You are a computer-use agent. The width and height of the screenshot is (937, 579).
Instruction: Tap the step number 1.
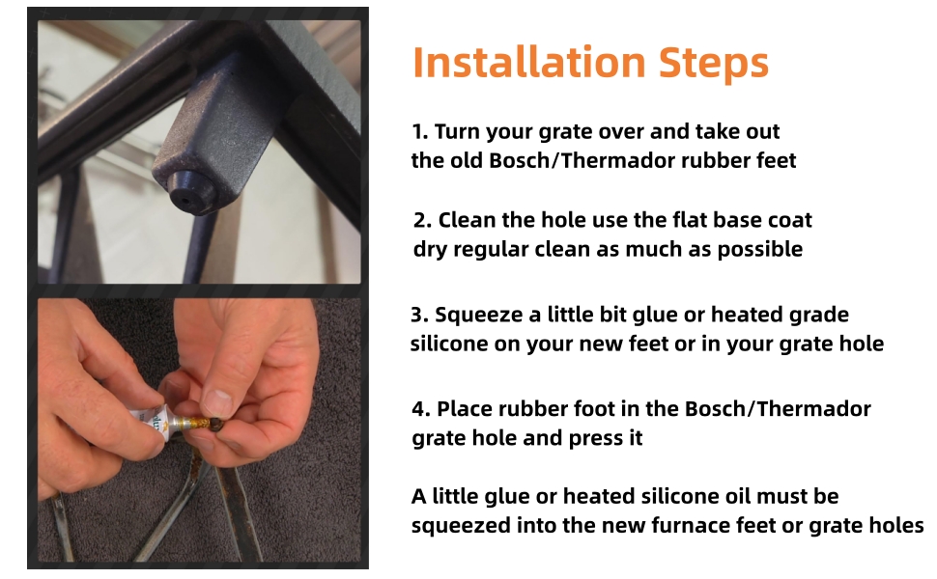click(x=418, y=131)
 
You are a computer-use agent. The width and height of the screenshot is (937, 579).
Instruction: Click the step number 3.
click(x=417, y=315)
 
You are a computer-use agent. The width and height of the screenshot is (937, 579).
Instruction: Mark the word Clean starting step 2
click(x=468, y=220)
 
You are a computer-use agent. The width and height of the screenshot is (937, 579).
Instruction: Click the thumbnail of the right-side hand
click(x=217, y=402)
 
